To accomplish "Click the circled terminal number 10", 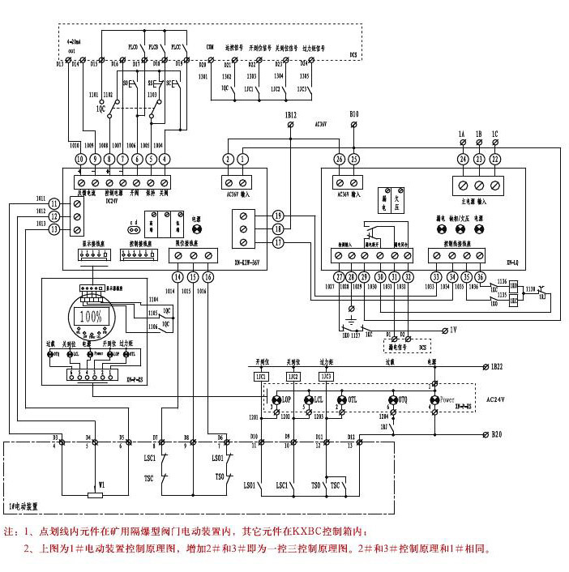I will [x=80, y=159].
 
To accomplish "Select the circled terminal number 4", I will [x=165, y=159].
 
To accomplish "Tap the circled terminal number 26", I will [x=339, y=159].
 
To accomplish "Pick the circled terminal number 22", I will [x=495, y=159].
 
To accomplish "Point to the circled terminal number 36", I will [x=480, y=277].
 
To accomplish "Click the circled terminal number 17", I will [x=278, y=242].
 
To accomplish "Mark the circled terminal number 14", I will [x=178, y=277].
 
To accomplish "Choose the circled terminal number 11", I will [x=54, y=203].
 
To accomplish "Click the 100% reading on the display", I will [x=91, y=315].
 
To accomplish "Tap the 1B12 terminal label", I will [x=291, y=117].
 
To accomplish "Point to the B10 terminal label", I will [x=353, y=116].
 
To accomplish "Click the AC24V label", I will [x=496, y=399].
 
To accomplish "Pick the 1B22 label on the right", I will [x=500, y=367].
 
